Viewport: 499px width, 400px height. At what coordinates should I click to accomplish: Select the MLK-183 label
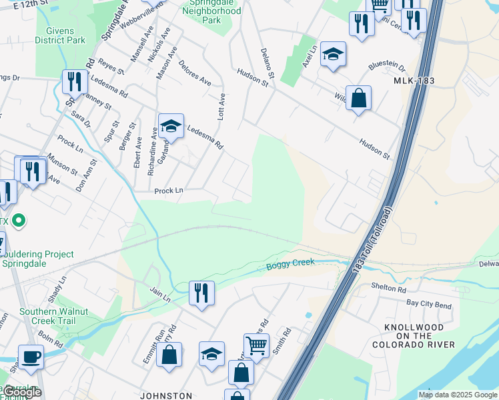tap(414, 80)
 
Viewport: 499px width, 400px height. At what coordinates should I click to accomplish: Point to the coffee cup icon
tap(31, 357)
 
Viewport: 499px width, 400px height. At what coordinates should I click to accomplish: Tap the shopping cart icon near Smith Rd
tap(256, 345)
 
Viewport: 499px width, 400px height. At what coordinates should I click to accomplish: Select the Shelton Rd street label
tap(388, 289)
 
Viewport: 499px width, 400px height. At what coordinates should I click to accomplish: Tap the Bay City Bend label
tap(429, 303)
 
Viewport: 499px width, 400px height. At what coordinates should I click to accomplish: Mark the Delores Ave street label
tap(195, 73)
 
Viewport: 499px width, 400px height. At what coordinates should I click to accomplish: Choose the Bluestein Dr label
tap(387, 67)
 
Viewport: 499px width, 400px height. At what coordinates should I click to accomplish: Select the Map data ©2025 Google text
tap(458, 395)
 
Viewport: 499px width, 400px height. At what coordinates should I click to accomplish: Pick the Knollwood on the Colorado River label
tap(419, 336)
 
